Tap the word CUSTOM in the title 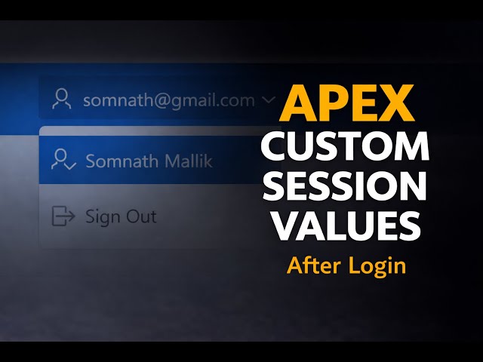pos(345,146)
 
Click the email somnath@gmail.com pos(168,100)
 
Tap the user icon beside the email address pos(62,99)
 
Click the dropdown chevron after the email pos(267,100)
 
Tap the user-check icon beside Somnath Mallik pos(63,160)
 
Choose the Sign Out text pos(120,217)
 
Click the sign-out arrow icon pos(63,216)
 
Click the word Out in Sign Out pos(141,217)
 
